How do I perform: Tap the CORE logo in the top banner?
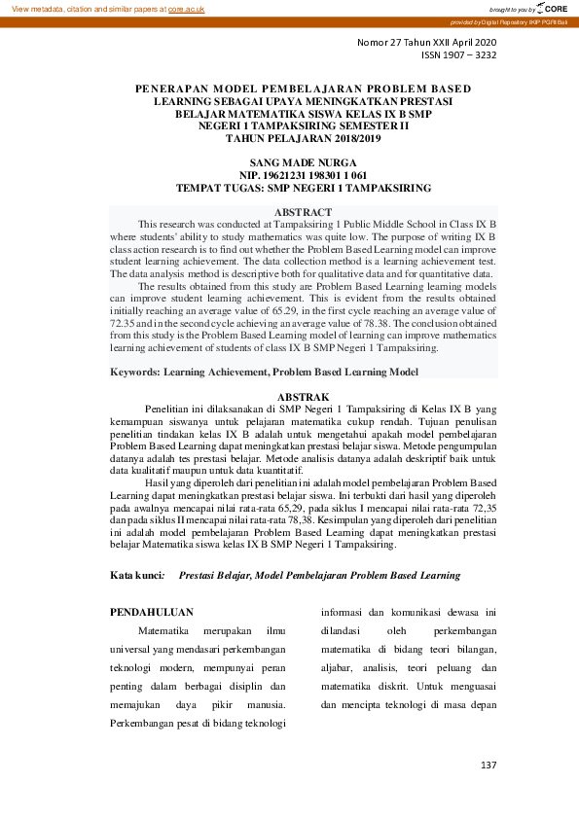click(553, 8)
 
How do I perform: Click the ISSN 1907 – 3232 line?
click(458, 56)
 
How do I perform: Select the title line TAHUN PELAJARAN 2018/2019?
click(289, 137)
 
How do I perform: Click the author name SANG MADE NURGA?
click(289, 161)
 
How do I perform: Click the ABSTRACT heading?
click(289, 211)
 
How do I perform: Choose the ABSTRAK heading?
click(289, 397)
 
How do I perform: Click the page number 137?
click(489, 765)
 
